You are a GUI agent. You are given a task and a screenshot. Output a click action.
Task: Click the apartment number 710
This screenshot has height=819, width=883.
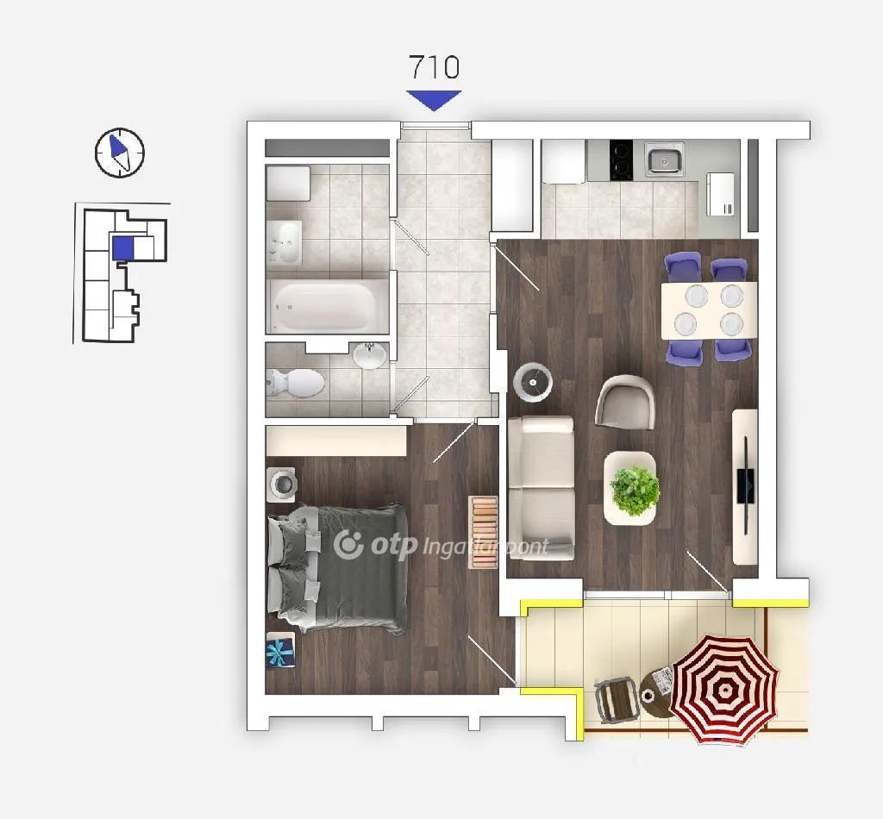click(434, 67)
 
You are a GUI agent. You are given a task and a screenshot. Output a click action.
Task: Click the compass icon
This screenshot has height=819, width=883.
click(119, 153)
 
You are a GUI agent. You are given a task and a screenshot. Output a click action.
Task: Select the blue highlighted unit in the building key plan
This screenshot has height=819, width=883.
click(122, 248)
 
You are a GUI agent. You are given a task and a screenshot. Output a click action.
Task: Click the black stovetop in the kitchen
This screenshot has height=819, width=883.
click(621, 159)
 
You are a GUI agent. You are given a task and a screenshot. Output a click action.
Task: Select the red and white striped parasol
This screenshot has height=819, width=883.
click(724, 689)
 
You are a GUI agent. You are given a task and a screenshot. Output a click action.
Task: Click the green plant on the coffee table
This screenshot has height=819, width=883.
click(635, 491)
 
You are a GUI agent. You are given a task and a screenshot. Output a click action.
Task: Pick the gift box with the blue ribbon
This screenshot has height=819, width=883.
click(280, 649)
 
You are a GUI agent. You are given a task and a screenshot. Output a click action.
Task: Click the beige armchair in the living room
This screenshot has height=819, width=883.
click(626, 402)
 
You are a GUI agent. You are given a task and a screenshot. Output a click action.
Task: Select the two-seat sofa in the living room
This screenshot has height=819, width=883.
click(541, 488)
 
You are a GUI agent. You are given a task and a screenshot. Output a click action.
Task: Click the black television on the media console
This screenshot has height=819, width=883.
click(746, 485)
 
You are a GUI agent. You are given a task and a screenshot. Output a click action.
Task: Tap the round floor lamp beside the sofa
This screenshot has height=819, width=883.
click(533, 383)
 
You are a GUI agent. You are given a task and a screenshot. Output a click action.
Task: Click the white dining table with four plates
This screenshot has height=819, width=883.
click(709, 310)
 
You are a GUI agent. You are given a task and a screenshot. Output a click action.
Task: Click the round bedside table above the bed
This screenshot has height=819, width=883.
click(283, 484)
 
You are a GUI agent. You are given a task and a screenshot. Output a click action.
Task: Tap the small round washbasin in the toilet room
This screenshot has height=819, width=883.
click(370, 356)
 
